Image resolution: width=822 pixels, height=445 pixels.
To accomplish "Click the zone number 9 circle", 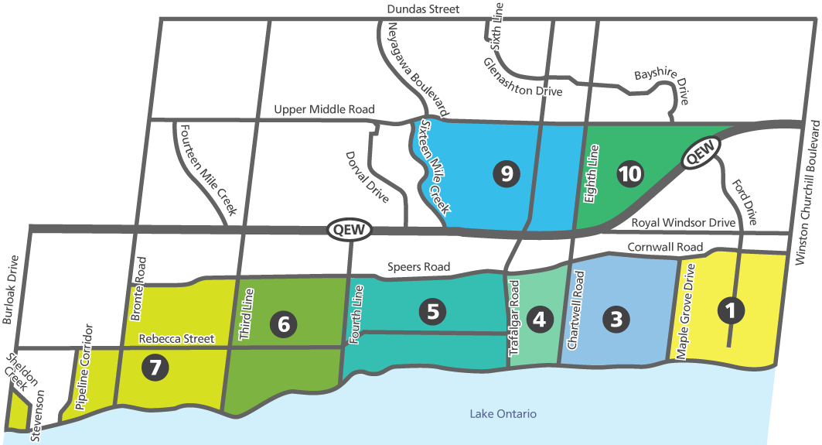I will (506, 174).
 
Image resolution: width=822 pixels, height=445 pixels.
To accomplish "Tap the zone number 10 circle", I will (630, 174).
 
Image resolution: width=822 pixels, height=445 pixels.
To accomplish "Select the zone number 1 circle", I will (731, 311).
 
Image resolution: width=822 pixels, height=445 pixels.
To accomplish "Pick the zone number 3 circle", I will (616, 318).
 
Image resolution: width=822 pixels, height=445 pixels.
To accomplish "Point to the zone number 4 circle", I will (539, 319).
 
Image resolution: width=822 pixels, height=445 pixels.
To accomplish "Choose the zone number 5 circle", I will (432, 312).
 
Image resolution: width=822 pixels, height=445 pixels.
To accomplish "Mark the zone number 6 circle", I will (284, 324).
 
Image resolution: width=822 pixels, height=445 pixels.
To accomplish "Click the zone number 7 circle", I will (155, 368).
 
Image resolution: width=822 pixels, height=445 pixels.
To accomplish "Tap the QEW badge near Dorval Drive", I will (350, 229).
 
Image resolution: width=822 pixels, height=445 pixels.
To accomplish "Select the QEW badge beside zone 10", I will (701, 152).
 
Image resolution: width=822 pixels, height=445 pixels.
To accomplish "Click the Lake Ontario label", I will (503, 414).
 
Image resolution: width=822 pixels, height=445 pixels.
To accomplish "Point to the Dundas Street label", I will (424, 9).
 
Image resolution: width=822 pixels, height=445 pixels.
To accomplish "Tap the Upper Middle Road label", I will (324, 110).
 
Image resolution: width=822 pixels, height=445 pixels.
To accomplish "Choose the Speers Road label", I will (418, 267).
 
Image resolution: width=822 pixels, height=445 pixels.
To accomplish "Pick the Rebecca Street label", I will (177, 339).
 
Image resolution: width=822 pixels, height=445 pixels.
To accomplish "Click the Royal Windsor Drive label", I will (684, 223).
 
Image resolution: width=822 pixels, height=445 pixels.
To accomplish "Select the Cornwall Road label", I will (665, 248).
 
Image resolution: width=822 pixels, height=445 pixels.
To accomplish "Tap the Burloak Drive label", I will (9, 289).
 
